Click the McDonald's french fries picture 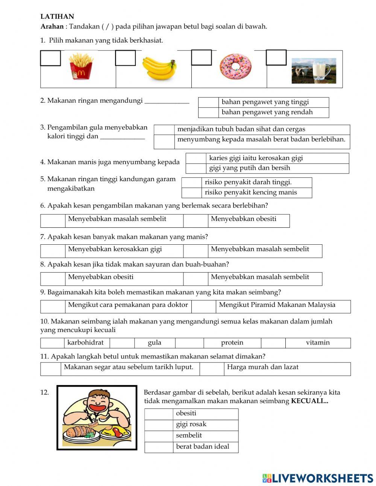81,67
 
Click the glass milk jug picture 314,70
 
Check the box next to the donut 201,58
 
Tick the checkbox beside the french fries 50,58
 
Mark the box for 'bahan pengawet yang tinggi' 208,102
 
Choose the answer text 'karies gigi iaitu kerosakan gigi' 256,158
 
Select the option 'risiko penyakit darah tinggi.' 248,183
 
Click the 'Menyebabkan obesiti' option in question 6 243,219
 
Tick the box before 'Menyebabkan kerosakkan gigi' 53,251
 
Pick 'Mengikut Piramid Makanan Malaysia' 277,305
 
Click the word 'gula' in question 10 155,343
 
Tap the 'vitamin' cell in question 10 318,343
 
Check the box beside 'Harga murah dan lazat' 212,369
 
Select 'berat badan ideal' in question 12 202,447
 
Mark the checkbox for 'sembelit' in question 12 159,436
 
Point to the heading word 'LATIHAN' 57,17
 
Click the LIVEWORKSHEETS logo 318,478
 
